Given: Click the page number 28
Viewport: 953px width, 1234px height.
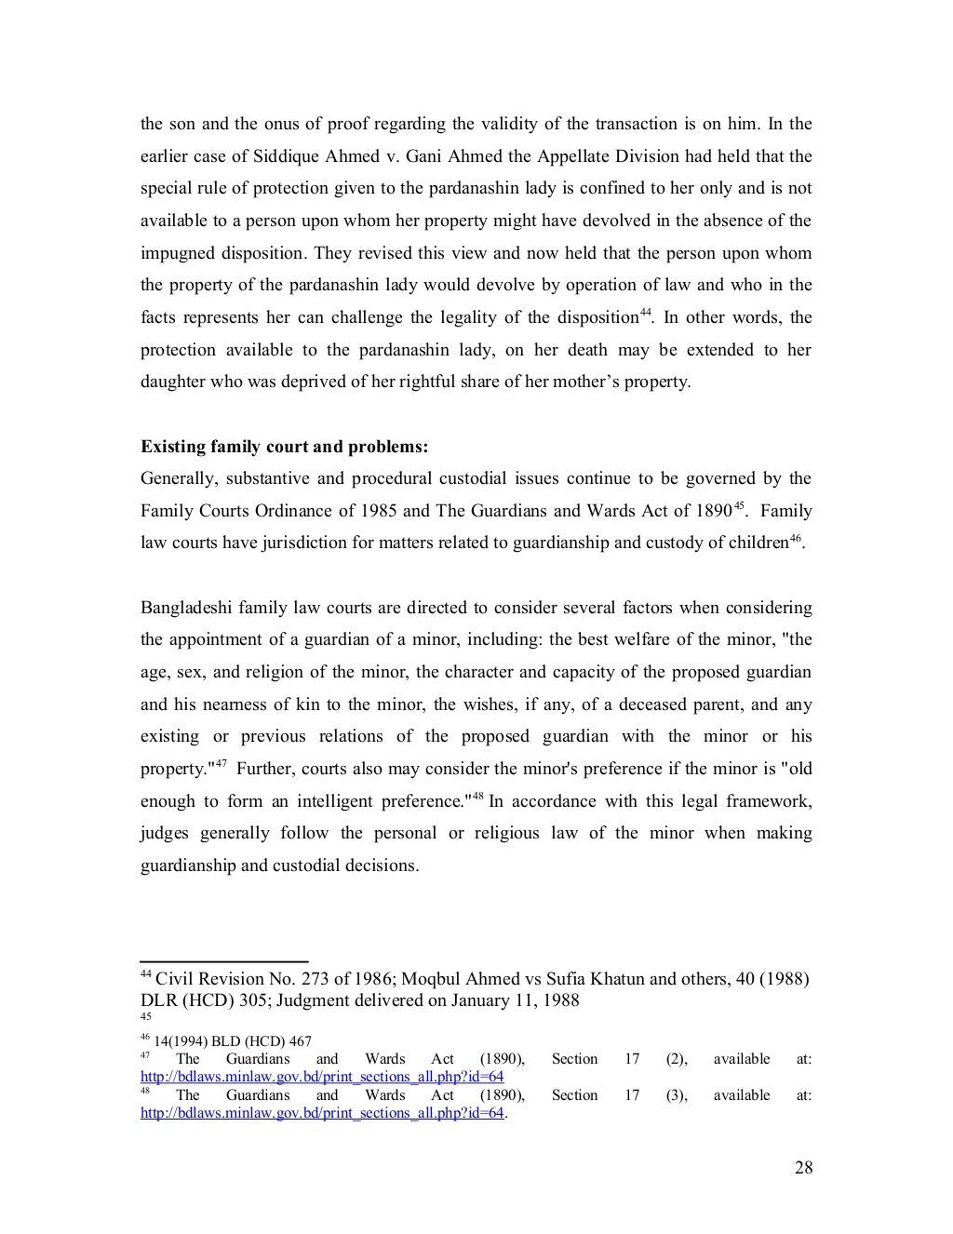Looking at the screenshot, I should (803, 1168).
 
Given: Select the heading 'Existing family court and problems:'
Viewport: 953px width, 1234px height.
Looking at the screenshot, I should (284, 447).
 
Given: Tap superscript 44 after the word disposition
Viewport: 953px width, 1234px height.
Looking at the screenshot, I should (644, 313).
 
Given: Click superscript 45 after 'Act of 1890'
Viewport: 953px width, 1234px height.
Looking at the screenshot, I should (740, 506).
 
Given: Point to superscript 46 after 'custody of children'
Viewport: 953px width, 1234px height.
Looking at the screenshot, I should (795, 539).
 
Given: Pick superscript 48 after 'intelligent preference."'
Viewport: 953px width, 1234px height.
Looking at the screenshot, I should (477, 797).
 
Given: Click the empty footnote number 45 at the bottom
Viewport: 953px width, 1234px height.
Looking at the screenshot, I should (144, 1017).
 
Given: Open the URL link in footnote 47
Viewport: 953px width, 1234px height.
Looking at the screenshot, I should (322, 1077).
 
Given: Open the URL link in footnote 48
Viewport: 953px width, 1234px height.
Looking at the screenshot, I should (322, 1113).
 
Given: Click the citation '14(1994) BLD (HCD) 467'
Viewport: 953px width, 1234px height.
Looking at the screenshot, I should (233, 1041).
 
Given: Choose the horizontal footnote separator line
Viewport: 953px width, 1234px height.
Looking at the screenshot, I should (223, 961).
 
